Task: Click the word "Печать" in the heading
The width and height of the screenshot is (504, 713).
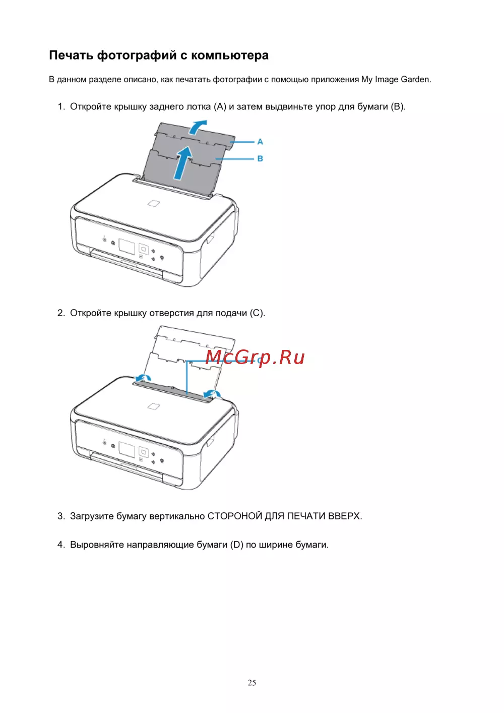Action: pos(71,55)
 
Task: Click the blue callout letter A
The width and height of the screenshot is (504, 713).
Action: pos(260,142)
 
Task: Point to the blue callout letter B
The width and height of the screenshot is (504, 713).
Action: pos(260,158)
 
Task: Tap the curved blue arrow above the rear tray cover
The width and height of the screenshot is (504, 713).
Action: pos(197,127)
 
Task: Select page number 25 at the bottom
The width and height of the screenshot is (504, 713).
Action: pos(251,682)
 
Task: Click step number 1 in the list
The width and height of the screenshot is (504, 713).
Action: pos(61,106)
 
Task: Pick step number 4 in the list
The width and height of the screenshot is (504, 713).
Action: pos(61,545)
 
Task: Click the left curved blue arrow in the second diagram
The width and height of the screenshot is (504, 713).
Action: pos(143,378)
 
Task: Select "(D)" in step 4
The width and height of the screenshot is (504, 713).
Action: pos(237,545)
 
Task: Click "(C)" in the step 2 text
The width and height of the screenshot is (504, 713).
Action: pos(257,313)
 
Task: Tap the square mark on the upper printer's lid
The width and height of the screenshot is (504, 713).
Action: pos(154,203)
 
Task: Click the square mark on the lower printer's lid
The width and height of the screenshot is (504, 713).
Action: pos(154,406)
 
